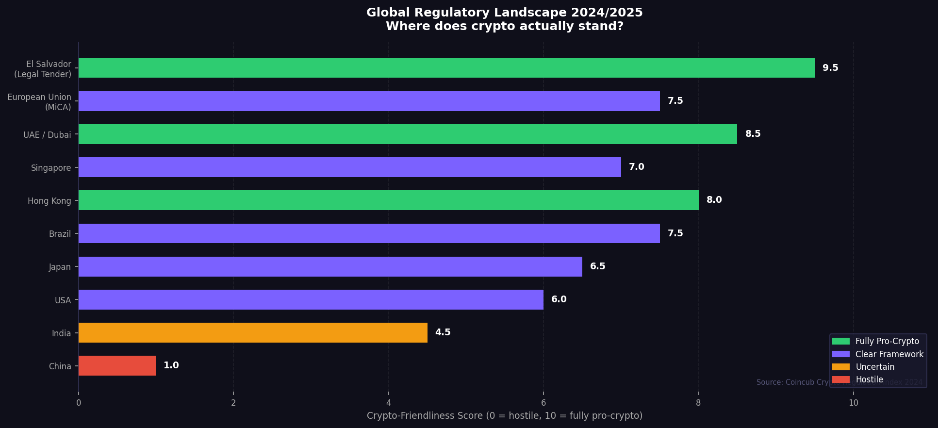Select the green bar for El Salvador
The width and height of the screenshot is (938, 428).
pyautogui.click(x=446, y=68)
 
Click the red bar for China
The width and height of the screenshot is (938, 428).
pyautogui.click(x=117, y=365)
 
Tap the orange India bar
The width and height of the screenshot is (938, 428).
pyautogui.click(x=253, y=332)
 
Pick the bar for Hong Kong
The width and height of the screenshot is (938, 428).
pyautogui.click(x=388, y=200)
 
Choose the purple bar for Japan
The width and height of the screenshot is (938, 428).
pyautogui.click(x=330, y=266)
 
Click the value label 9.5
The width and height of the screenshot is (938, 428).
pyautogui.click(x=830, y=68)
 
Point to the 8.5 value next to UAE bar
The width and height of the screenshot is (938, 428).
pyautogui.click(x=753, y=134)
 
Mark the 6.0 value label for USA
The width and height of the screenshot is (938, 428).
pyautogui.click(x=559, y=299)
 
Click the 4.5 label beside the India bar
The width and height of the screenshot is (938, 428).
pyautogui.click(x=443, y=332)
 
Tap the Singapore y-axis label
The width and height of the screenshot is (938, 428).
pyautogui.click(x=51, y=168)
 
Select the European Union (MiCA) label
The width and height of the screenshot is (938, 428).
pyautogui.click(x=39, y=102)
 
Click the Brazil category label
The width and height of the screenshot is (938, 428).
pyautogui.click(x=60, y=234)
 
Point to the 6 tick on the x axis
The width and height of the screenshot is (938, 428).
pyautogui.click(x=543, y=403)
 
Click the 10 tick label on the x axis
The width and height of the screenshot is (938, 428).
pyautogui.click(x=853, y=403)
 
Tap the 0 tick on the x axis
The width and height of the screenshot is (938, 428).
pyautogui.click(x=79, y=403)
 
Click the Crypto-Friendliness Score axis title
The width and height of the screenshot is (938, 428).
pyautogui.click(x=504, y=416)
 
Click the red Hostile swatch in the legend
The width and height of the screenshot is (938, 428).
pyautogui.click(x=841, y=379)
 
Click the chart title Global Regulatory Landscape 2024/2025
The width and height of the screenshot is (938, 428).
pyautogui.click(x=504, y=13)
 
